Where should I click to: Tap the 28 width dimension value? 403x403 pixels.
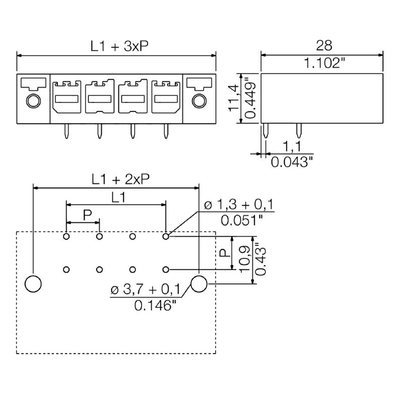pos(324,46)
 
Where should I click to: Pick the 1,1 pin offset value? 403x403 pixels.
pos(292,147)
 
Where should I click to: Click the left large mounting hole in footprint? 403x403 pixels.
pos(33,284)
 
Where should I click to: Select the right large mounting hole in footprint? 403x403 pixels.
pos(198,284)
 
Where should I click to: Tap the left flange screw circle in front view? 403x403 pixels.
pos(33,101)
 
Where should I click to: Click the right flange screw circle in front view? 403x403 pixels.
pos(198,101)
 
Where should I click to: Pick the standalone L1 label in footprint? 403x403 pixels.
pos(119,197)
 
